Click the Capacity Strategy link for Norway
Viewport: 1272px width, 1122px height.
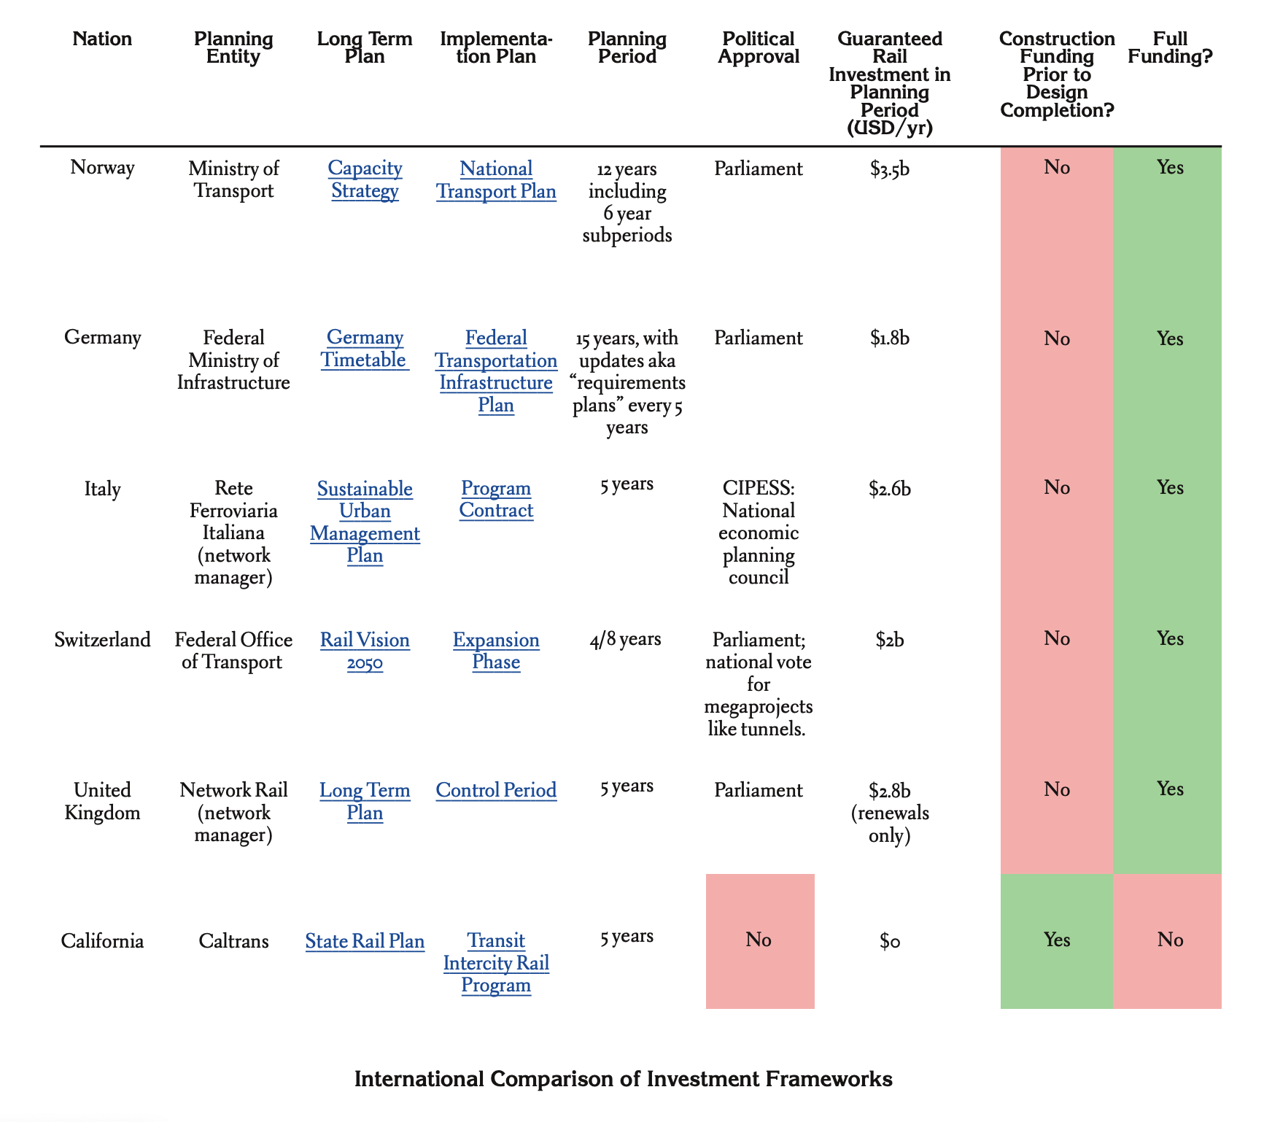(365, 179)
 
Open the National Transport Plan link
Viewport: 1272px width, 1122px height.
(496, 180)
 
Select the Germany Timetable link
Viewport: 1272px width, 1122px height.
(365, 349)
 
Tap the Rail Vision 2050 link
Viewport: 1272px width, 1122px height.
(365, 651)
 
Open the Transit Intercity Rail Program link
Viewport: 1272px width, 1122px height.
(496, 963)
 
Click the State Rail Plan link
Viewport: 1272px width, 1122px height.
(365, 941)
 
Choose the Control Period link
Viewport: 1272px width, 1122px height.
(496, 790)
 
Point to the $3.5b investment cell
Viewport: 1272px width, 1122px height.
(890, 169)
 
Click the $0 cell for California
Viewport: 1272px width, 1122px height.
(890, 941)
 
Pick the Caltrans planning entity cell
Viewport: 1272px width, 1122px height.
(233, 941)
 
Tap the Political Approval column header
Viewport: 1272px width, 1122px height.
(759, 47)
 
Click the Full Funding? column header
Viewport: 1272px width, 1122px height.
(1170, 47)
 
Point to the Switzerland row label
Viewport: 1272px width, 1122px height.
(103, 640)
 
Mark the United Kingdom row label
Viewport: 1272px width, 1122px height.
(103, 801)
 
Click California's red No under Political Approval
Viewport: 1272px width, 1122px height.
(759, 940)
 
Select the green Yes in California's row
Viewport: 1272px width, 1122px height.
(1057, 940)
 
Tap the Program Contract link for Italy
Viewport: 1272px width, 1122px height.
(496, 499)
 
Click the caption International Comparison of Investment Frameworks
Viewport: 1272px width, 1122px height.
(624, 1079)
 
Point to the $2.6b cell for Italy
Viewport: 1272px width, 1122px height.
(890, 488)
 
